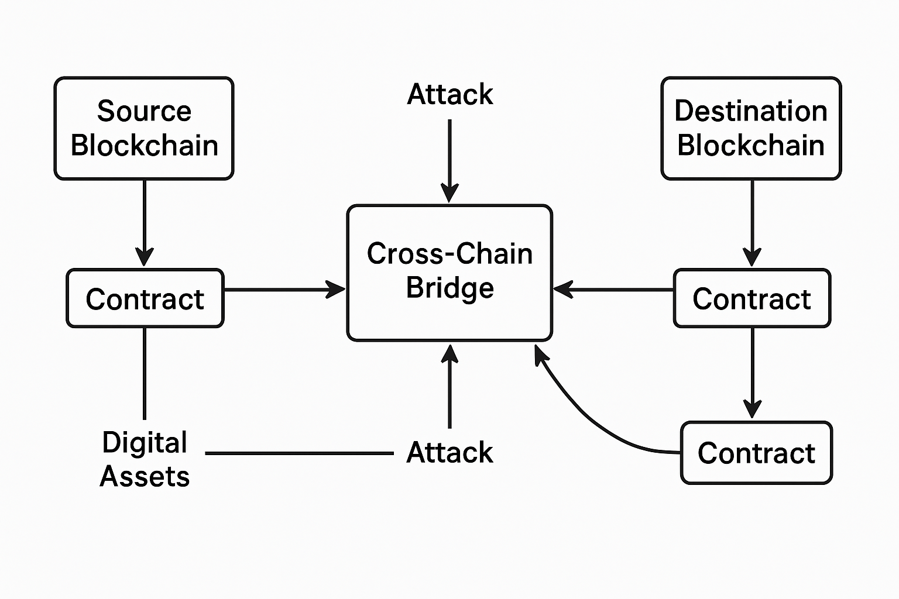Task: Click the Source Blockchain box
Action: [144, 128]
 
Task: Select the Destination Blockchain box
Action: [751, 128]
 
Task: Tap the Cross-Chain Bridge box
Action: [449, 273]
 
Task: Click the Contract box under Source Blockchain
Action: [145, 298]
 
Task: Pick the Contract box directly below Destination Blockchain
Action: [752, 298]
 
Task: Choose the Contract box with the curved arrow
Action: [756, 453]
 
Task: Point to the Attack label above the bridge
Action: [449, 94]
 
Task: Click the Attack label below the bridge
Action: [449, 453]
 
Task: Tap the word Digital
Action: [145, 442]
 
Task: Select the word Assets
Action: [145, 476]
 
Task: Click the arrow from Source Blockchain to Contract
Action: [144, 222]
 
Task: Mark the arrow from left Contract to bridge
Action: [284, 290]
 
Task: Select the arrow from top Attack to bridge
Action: [449, 161]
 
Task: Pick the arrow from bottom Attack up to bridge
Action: [449, 386]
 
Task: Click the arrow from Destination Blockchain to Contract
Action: [752, 222]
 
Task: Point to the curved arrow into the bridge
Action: [591, 418]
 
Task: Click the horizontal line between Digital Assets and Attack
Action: [299, 453]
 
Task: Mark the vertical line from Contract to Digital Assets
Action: [145, 373]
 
